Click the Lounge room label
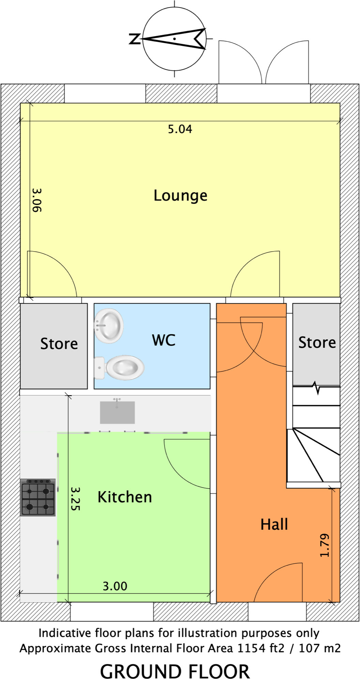[180, 196]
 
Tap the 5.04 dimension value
[180, 129]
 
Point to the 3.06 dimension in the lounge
[37, 200]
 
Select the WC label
[164, 340]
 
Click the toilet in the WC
[121, 368]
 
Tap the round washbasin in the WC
[109, 326]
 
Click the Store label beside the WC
[59, 344]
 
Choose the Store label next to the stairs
[317, 343]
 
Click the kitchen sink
[117, 412]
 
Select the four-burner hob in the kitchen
[38, 497]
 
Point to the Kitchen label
[125, 497]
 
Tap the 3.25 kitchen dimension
[75, 499]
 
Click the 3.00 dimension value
[115, 586]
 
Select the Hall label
[274, 525]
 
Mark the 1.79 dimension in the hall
[325, 545]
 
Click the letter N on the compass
[135, 39]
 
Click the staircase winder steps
[313, 455]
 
